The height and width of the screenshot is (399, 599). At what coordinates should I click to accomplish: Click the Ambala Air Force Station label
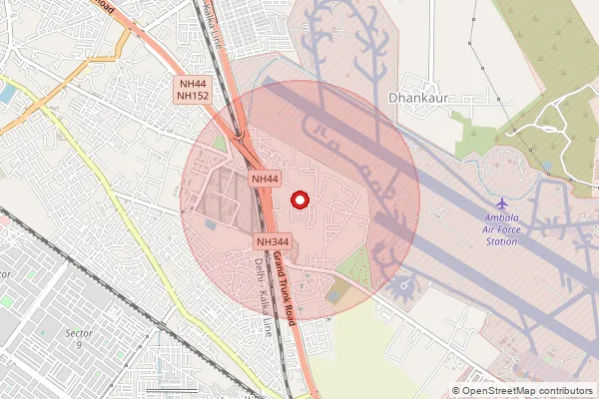[x=501, y=228]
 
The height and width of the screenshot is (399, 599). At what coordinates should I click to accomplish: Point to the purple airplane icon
[x=501, y=204]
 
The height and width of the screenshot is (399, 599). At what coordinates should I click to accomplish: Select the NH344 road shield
[x=272, y=242]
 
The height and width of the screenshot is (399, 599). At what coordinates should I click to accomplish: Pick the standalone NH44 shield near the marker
[x=264, y=179]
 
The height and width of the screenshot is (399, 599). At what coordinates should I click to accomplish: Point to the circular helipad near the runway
[x=404, y=289]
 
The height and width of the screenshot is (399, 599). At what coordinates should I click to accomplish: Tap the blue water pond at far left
[x=8, y=93]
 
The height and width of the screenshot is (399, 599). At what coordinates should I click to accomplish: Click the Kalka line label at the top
[x=213, y=22]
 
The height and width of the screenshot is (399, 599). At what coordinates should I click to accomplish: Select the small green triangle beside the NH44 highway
[x=219, y=144]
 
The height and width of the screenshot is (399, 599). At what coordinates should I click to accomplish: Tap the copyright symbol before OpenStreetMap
[x=456, y=391]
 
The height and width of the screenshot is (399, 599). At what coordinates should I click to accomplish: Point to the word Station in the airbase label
[x=501, y=241]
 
